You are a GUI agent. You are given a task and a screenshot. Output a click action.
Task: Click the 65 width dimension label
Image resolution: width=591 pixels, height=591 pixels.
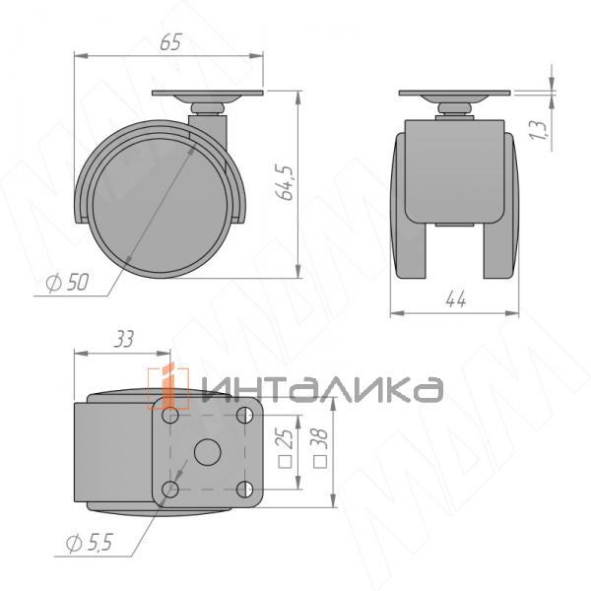(x=169, y=43)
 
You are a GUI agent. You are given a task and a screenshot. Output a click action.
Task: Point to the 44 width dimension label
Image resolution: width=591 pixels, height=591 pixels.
(x=455, y=299)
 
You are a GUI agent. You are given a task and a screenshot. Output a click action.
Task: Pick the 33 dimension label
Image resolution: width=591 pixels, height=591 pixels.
(x=124, y=340)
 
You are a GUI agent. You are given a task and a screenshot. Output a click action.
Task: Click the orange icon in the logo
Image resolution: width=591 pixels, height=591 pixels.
(x=169, y=387)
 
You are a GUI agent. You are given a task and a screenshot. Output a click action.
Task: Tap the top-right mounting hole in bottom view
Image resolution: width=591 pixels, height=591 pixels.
(x=243, y=418)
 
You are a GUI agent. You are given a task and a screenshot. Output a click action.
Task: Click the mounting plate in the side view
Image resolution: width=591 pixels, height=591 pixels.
(x=208, y=94)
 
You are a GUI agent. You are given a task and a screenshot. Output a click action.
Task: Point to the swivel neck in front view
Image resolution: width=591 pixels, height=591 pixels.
(x=454, y=107)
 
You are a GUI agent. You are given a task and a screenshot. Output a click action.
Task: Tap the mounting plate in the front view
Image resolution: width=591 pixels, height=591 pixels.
(x=455, y=94)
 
